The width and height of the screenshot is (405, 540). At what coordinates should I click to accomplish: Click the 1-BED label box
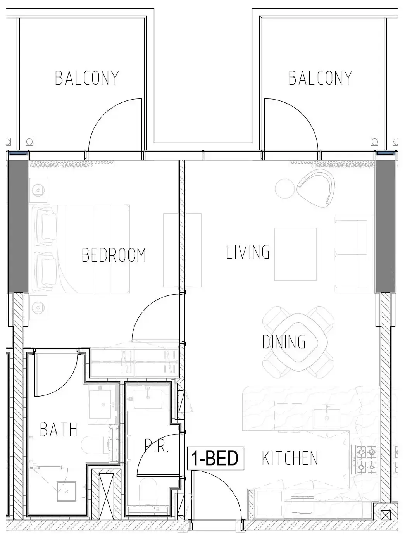(x=215, y=458)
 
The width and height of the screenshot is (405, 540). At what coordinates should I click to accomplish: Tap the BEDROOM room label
(x=114, y=255)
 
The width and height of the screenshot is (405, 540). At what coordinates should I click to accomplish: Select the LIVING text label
(x=248, y=252)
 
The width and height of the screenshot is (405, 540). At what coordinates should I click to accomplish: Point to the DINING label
(x=284, y=342)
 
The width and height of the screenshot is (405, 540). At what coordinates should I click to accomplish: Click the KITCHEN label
(x=290, y=458)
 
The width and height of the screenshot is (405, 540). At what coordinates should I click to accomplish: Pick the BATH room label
(x=59, y=429)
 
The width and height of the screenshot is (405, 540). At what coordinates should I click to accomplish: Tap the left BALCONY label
(x=87, y=78)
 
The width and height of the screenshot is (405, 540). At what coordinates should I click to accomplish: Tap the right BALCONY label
(x=320, y=78)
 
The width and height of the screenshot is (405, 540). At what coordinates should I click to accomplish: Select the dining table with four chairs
(x=298, y=342)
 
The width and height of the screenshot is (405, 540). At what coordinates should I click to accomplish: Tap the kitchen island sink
(x=327, y=416)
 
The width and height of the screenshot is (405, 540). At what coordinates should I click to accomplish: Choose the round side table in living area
(x=285, y=188)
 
